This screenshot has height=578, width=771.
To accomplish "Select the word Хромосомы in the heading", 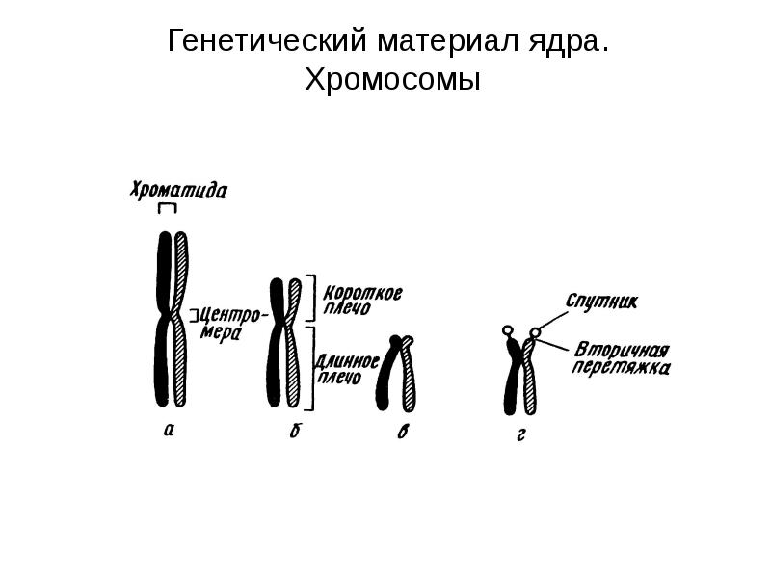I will click(x=391, y=80).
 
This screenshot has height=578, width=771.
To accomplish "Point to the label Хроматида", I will click(x=178, y=190).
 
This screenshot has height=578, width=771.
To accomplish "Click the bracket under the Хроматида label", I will click(x=170, y=209).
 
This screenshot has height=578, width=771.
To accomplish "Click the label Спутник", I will click(x=601, y=302).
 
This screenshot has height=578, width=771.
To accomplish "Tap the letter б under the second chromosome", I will click(x=293, y=431).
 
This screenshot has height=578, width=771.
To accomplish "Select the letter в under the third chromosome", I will click(x=402, y=433).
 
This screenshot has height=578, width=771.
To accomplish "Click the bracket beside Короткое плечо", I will click(x=312, y=298).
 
